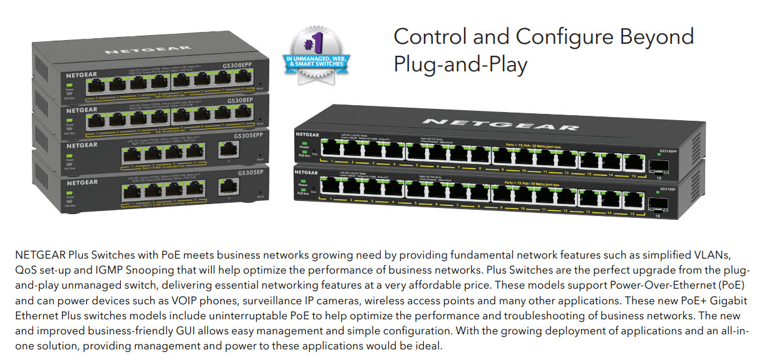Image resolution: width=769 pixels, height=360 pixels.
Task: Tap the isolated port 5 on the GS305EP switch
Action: click(227, 186)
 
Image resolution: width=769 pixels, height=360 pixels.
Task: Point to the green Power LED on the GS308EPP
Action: click(69, 83)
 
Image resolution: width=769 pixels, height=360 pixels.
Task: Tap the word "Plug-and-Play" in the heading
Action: click(460, 64)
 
